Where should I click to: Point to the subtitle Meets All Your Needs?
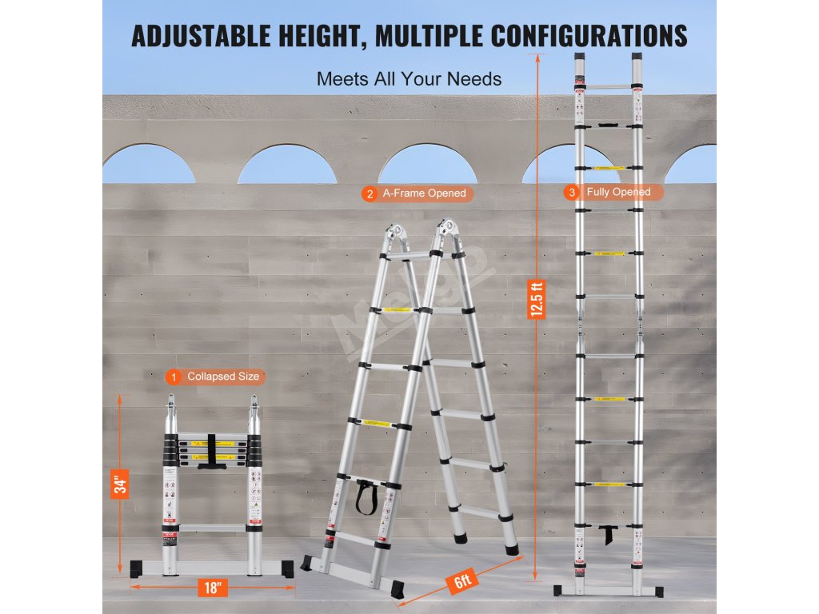(409, 79)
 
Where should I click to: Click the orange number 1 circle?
(172, 377)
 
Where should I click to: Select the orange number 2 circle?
(369, 193)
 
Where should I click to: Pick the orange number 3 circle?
(569, 192)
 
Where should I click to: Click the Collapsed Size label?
(223, 377)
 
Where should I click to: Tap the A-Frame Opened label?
(424, 193)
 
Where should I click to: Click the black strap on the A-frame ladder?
(368, 497)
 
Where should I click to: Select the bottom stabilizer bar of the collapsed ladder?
(212, 568)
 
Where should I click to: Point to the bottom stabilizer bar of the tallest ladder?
(608, 591)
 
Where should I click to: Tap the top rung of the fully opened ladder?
(609, 86)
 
